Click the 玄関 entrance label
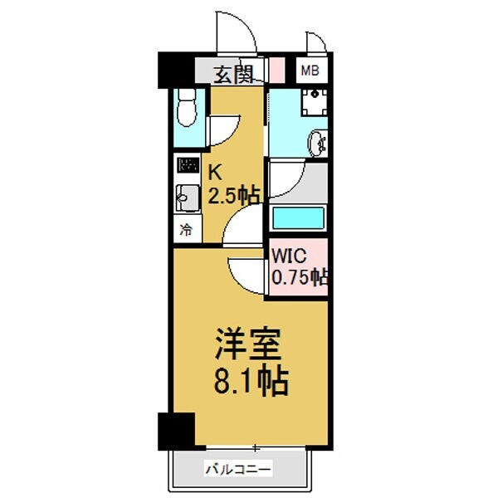click(233, 74)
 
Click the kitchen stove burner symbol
click(188, 165)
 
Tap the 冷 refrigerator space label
click(187, 230)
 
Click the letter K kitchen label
click(214, 173)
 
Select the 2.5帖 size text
click(234, 196)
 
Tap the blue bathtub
click(297, 218)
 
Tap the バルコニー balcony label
click(238, 471)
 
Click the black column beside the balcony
click(175, 430)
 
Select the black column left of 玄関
click(176, 70)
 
